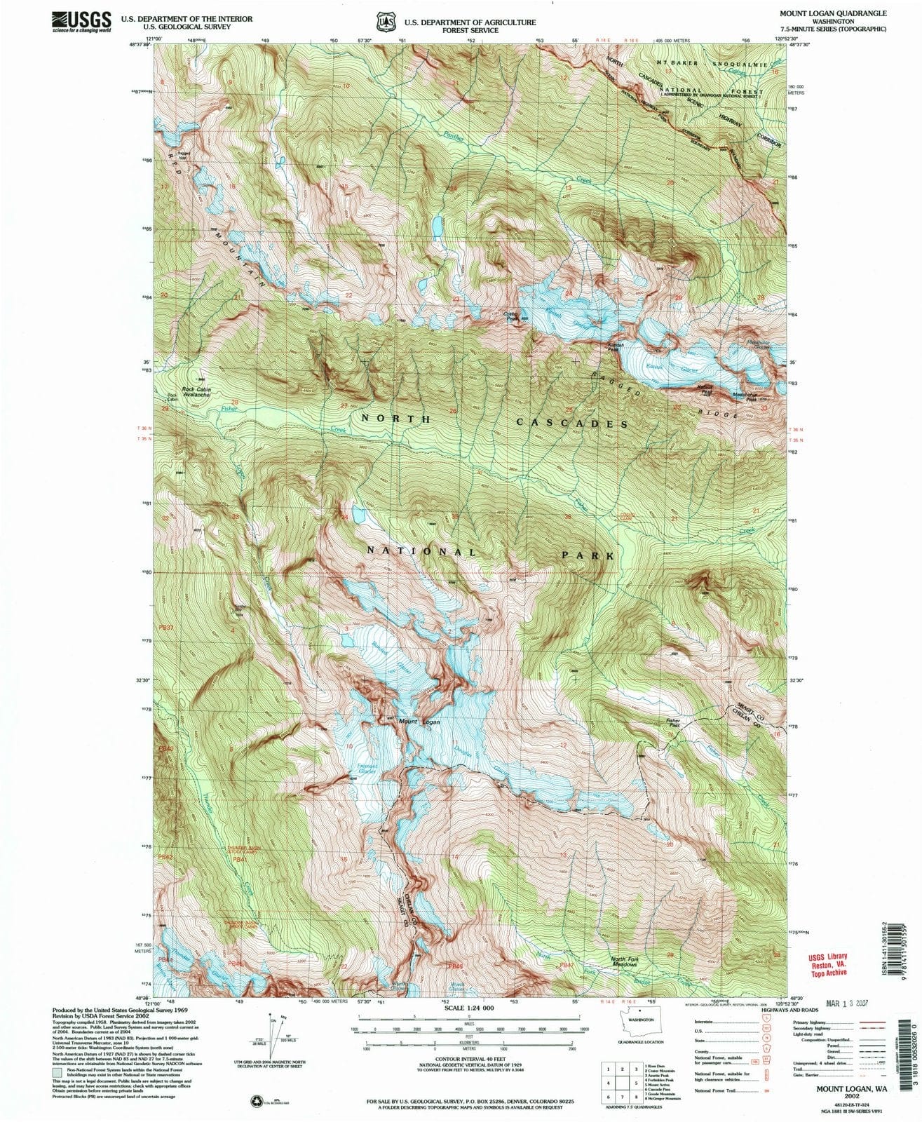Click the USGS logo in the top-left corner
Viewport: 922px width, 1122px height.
pyautogui.click(x=81, y=21)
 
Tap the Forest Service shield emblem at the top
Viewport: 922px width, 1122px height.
pyautogui.click(x=384, y=22)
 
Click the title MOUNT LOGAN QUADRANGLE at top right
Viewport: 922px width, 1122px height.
pyautogui.click(x=832, y=13)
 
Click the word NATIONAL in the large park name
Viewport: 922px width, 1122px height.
pyautogui.click(x=421, y=551)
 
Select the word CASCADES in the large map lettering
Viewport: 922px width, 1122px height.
pyautogui.click(x=572, y=423)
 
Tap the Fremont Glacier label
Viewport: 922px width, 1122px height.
pyautogui.click(x=367, y=769)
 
